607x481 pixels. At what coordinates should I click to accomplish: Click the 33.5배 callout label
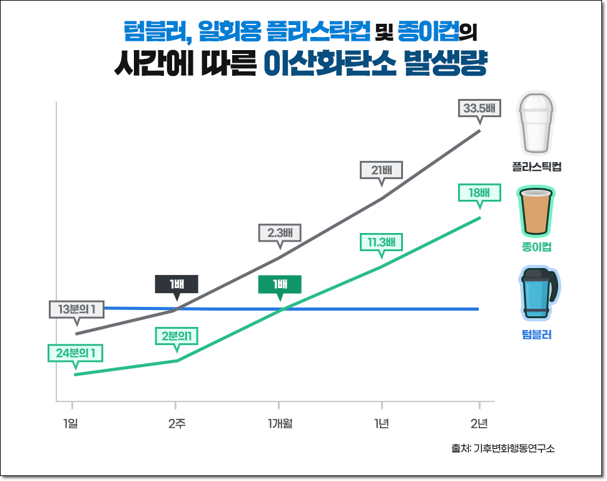click(479, 108)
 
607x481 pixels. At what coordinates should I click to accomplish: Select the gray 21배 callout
click(382, 170)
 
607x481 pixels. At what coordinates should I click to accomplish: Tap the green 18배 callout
click(479, 193)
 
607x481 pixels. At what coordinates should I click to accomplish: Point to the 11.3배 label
click(382, 242)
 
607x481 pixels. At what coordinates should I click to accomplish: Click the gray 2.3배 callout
click(280, 233)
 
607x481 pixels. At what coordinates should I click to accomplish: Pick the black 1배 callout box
click(176, 284)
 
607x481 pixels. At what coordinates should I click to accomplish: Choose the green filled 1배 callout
click(280, 284)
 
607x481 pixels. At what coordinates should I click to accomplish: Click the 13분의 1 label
click(76, 309)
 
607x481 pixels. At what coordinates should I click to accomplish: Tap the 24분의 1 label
click(75, 353)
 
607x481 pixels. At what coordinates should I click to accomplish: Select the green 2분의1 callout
click(176, 336)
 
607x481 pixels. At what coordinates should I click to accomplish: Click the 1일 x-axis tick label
click(71, 424)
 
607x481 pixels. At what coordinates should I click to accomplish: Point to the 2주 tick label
click(176, 424)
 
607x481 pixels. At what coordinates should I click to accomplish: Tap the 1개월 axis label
click(280, 424)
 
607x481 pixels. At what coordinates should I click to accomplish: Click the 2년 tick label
click(479, 424)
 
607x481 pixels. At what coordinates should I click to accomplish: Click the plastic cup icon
click(535, 123)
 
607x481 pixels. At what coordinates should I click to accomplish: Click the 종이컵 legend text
click(536, 247)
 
